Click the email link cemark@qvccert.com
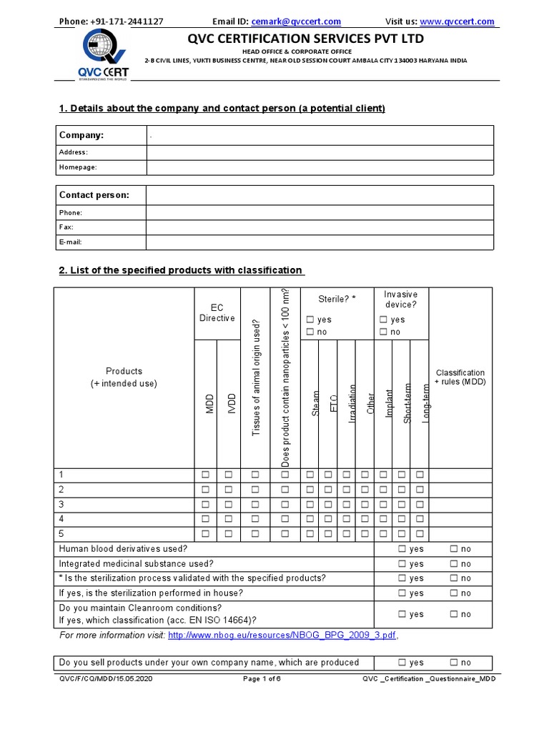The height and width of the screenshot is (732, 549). [296, 21]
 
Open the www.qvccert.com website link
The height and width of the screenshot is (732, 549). [467, 21]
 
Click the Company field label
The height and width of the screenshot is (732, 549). [81, 135]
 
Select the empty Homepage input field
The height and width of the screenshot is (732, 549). [320, 167]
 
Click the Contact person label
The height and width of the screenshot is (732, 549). [94, 195]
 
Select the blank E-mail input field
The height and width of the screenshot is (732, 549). [320, 242]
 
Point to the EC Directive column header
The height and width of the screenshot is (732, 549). [217, 313]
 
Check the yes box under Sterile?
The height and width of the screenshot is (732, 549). [310, 320]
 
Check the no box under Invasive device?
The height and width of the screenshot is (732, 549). [384, 332]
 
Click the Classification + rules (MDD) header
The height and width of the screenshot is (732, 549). [460, 377]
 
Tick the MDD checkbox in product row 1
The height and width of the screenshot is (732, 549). [206, 475]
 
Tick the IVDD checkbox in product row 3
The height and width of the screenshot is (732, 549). [229, 504]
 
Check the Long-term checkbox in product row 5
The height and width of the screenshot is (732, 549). [420, 533]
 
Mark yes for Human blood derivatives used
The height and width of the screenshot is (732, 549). [402, 549]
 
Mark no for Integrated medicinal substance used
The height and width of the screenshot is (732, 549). [453, 564]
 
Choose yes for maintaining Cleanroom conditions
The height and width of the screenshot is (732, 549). [402, 614]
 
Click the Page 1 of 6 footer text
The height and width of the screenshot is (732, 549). [262, 678]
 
